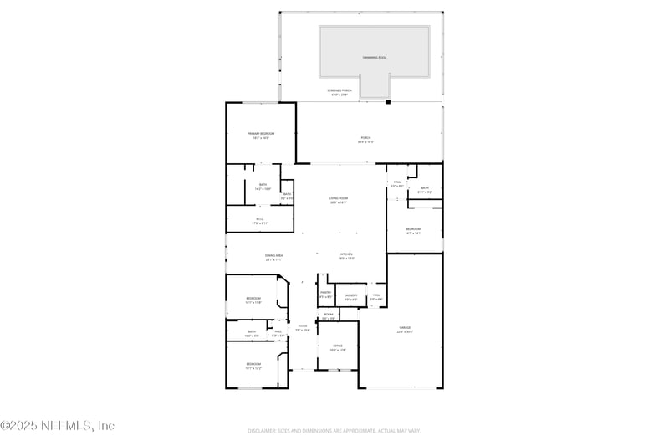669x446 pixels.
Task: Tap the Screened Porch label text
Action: [340, 92]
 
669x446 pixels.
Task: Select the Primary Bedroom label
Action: [260, 135]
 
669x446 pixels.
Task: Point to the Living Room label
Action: [339, 200]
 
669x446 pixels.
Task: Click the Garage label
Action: [404, 330]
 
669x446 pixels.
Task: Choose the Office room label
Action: [338, 347]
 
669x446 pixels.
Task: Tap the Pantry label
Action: [326, 295]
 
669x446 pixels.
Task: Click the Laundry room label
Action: [350, 296]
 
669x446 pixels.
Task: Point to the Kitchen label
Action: [346, 256]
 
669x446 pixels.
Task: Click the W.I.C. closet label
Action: [260, 221]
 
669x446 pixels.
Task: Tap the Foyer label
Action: [303, 327]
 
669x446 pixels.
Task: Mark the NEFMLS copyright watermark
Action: [58, 426]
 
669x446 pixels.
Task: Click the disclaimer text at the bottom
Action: [334, 431]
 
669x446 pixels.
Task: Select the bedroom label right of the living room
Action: [413, 231]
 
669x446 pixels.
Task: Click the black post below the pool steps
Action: [387, 102]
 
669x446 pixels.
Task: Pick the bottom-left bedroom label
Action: [253, 365]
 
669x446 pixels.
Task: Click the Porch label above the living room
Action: [365, 139]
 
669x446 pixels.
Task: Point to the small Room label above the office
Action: [329, 316]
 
